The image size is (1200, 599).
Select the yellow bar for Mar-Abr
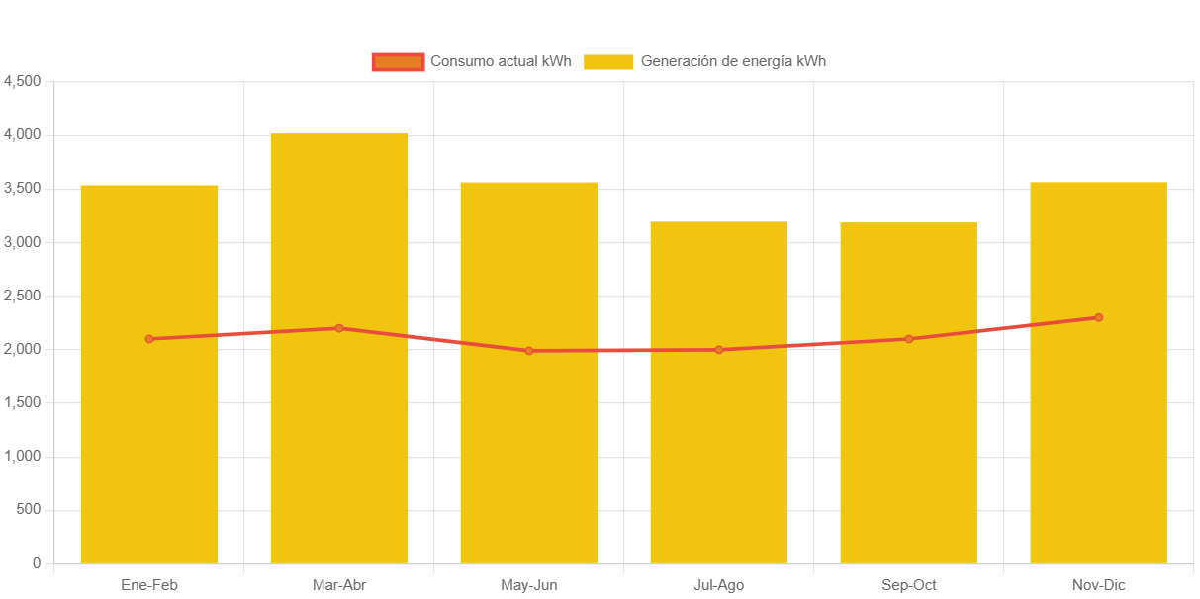tap(338, 445)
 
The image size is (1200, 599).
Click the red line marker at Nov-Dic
tap(1098, 318)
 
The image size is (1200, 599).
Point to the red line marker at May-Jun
tap(529, 351)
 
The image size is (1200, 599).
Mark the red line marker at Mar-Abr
tap(338, 328)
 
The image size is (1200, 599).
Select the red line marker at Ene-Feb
tap(149, 339)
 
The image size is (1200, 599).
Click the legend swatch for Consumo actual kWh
tap(398, 61)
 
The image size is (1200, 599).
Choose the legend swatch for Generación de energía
tap(607, 61)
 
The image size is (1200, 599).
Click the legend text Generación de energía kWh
tap(732, 61)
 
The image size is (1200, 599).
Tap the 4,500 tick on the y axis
tap(23, 81)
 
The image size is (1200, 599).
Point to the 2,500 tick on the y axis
tap(23, 296)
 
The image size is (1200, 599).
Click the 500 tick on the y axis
tap(29, 510)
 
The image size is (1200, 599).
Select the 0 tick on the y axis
tap(37, 563)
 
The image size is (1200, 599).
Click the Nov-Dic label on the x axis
tap(1098, 585)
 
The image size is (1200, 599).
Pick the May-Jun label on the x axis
tap(529, 585)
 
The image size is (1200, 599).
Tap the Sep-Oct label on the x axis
tap(908, 585)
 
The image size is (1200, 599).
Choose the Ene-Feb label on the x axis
tap(149, 585)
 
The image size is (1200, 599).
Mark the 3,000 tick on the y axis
tap(23, 242)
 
